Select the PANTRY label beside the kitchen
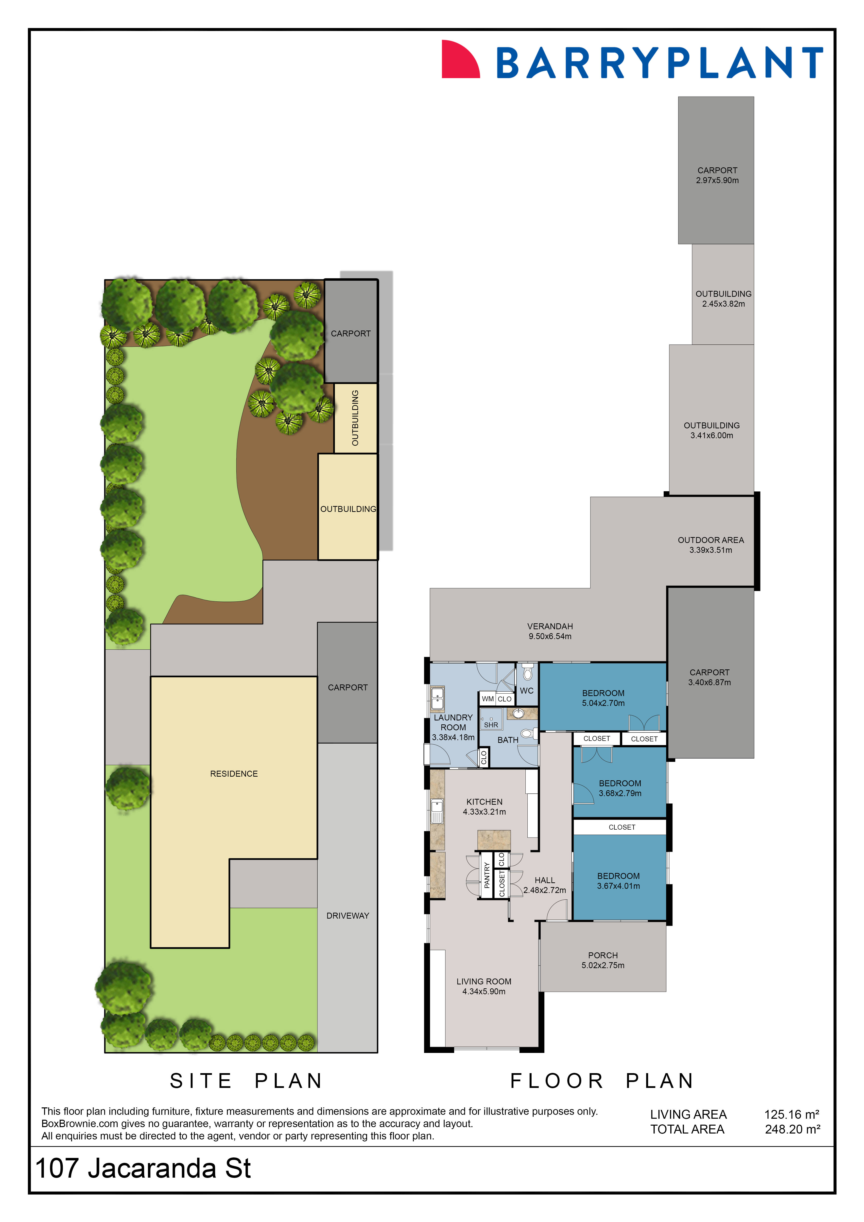(486, 875)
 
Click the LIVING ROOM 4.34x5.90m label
(484, 986)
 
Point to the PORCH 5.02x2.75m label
(603, 960)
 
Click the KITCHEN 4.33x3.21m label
(484, 807)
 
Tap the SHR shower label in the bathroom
(490, 725)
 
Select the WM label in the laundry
(487, 699)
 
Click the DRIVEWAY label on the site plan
(347, 915)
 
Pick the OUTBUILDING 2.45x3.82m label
(723, 298)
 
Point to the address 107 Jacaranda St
(143, 1168)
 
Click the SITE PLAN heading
(246, 1081)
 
